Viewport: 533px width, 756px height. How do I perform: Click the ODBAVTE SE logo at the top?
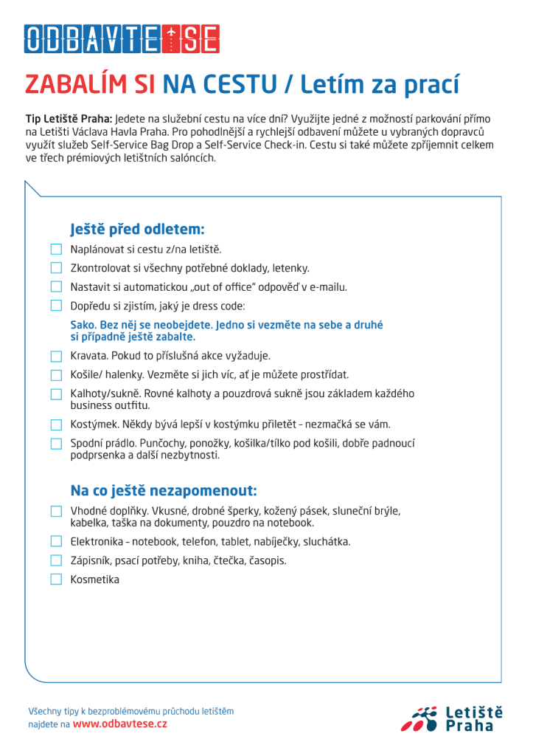122,39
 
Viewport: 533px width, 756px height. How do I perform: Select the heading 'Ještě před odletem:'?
137,229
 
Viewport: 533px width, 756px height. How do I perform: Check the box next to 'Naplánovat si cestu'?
57,250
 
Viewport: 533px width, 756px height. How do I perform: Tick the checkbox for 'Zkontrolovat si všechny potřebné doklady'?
57,268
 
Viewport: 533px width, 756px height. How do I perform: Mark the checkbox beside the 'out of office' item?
57,286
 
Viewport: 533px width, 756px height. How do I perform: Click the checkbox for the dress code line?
57,306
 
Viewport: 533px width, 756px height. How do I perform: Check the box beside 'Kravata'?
57,356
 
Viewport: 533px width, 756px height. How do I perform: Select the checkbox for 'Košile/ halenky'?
57,374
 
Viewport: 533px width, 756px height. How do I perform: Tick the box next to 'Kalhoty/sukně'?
57,394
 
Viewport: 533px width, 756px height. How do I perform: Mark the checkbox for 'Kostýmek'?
57,425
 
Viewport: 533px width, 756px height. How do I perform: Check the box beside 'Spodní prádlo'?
57,444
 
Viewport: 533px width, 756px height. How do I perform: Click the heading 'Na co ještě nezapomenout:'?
164,490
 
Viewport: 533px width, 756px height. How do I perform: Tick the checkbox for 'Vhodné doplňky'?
57,511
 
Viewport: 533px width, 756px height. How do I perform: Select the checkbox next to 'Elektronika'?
57,542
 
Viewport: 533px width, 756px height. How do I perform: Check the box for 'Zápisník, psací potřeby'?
57,560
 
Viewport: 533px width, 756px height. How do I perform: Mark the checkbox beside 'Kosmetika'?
57,580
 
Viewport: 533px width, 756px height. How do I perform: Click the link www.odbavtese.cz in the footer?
119,724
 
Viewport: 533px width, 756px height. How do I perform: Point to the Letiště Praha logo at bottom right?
457,718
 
